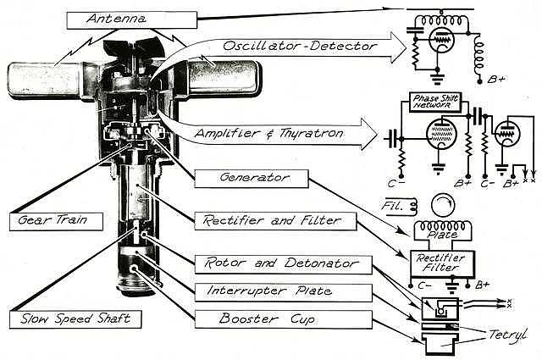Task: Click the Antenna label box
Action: (131, 18)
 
